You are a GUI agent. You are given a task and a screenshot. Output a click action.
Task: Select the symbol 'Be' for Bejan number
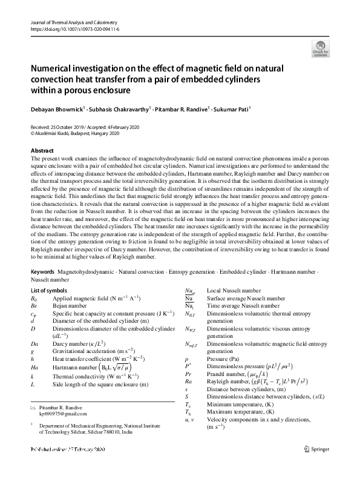[34, 306]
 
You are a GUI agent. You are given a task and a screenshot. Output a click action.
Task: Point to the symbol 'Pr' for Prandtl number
[188, 375]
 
